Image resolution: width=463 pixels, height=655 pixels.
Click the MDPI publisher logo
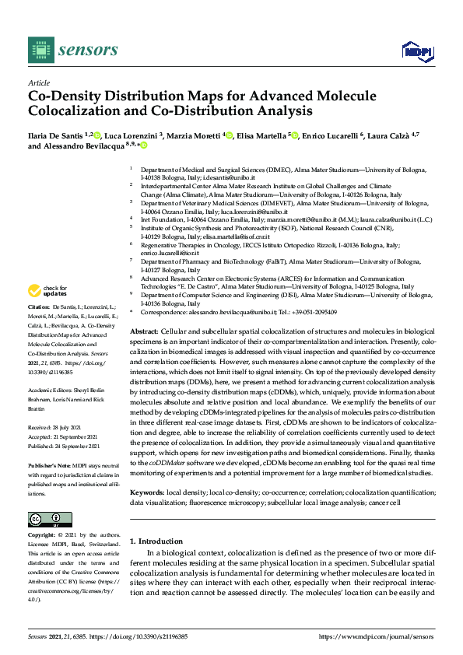pos(417,51)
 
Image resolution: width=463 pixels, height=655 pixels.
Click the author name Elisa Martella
pos(261,135)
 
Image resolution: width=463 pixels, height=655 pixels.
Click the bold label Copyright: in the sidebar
pos(45,536)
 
